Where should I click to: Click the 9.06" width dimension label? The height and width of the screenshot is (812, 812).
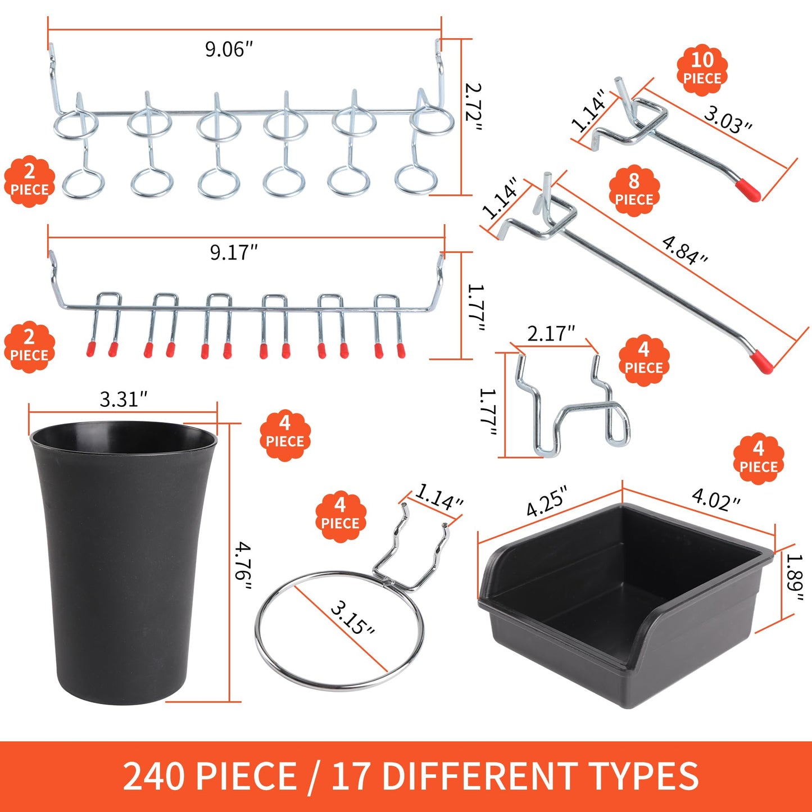(229, 49)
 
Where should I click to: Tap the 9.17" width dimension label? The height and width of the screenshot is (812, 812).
(234, 252)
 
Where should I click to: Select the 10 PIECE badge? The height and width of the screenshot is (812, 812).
(702, 69)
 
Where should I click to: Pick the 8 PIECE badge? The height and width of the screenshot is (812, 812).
(634, 190)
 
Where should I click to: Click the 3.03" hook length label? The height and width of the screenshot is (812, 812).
(728, 120)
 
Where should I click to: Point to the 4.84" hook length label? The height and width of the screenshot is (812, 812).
(684, 250)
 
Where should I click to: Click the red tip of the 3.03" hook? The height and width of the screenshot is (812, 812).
(749, 190)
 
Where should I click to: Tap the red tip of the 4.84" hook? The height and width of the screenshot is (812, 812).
(763, 361)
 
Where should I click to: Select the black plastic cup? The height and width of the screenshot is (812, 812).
(123, 562)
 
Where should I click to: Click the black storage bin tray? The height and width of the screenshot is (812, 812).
(624, 607)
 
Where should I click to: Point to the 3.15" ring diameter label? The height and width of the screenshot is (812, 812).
(352, 618)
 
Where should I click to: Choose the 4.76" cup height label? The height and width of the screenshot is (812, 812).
(243, 566)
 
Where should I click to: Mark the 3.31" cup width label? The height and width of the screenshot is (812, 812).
(123, 400)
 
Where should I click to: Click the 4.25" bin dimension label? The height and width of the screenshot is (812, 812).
(546, 501)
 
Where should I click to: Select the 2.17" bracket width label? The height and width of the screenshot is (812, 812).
(551, 333)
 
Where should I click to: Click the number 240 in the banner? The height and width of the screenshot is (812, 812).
(153, 777)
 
